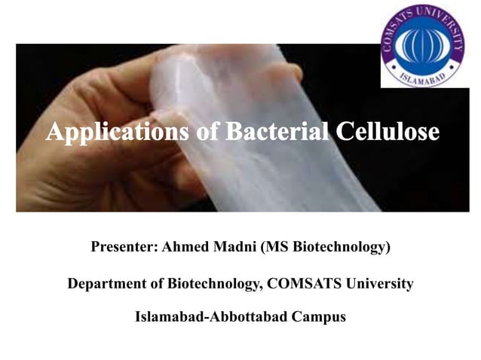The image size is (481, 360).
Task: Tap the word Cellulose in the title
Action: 388,133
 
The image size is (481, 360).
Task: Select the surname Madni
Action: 233,246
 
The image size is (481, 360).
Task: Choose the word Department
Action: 105,284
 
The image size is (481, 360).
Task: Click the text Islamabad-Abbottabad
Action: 209,316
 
